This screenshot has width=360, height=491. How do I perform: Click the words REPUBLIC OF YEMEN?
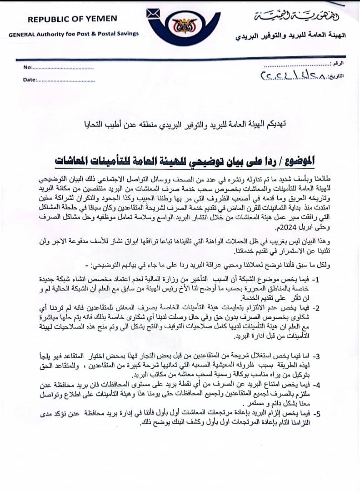click(x=72, y=19)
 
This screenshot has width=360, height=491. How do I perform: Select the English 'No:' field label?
click(x=28, y=67)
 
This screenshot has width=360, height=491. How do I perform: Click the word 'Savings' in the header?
click(x=128, y=34)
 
